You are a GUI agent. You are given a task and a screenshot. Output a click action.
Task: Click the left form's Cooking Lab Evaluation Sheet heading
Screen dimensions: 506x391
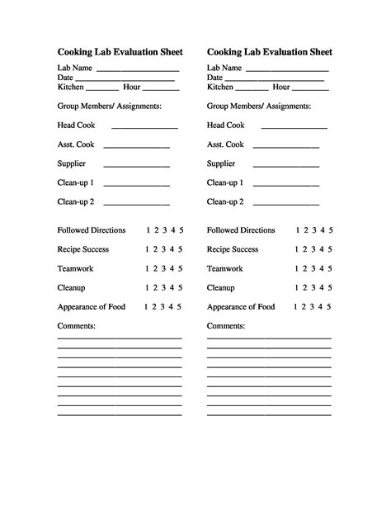tap(119, 51)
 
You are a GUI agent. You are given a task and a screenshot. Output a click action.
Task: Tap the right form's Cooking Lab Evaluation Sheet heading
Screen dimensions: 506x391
tap(269, 51)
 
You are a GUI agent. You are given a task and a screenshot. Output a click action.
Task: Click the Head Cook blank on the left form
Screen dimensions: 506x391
tap(144, 128)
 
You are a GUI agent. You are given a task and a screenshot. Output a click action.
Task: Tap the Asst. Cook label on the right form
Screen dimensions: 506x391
tap(225, 144)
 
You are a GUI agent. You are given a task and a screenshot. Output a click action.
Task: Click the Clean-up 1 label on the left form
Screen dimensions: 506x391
tap(76, 182)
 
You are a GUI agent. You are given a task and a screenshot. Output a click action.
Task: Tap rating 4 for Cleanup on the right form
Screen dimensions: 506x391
tap(322, 287)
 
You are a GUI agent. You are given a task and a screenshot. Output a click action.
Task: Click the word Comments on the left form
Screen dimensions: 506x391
tap(77, 326)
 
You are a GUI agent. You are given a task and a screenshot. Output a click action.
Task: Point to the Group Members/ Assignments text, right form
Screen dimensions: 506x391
tap(259, 106)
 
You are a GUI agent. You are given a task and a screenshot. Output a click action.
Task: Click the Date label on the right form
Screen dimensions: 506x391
tap(215, 77)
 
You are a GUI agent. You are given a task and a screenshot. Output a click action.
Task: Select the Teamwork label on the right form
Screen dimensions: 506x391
tap(225, 268)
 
